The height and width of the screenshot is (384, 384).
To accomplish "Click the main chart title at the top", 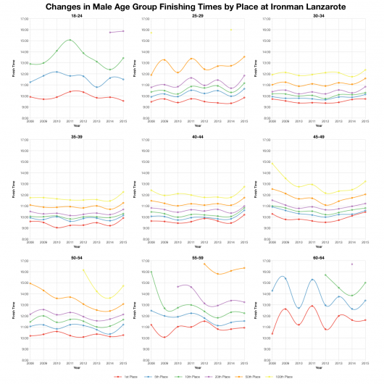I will [x=191, y=6].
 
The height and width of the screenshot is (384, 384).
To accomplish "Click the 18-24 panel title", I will [x=76, y=15].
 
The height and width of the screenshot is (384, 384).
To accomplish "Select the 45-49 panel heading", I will [x=319, y=136].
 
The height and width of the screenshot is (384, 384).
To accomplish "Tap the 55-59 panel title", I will [x=198, y=257].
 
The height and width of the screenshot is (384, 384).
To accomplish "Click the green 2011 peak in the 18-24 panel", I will [x=70, y=40].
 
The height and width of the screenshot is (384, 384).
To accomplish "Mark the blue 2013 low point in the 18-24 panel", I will [x=96, y=87].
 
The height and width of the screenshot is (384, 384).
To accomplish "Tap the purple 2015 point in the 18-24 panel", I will [x=123, y=31].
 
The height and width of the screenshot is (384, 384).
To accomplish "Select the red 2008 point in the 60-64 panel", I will [x=272, y=334].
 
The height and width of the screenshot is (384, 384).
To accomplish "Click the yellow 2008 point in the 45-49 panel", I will [x=272, y=162].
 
